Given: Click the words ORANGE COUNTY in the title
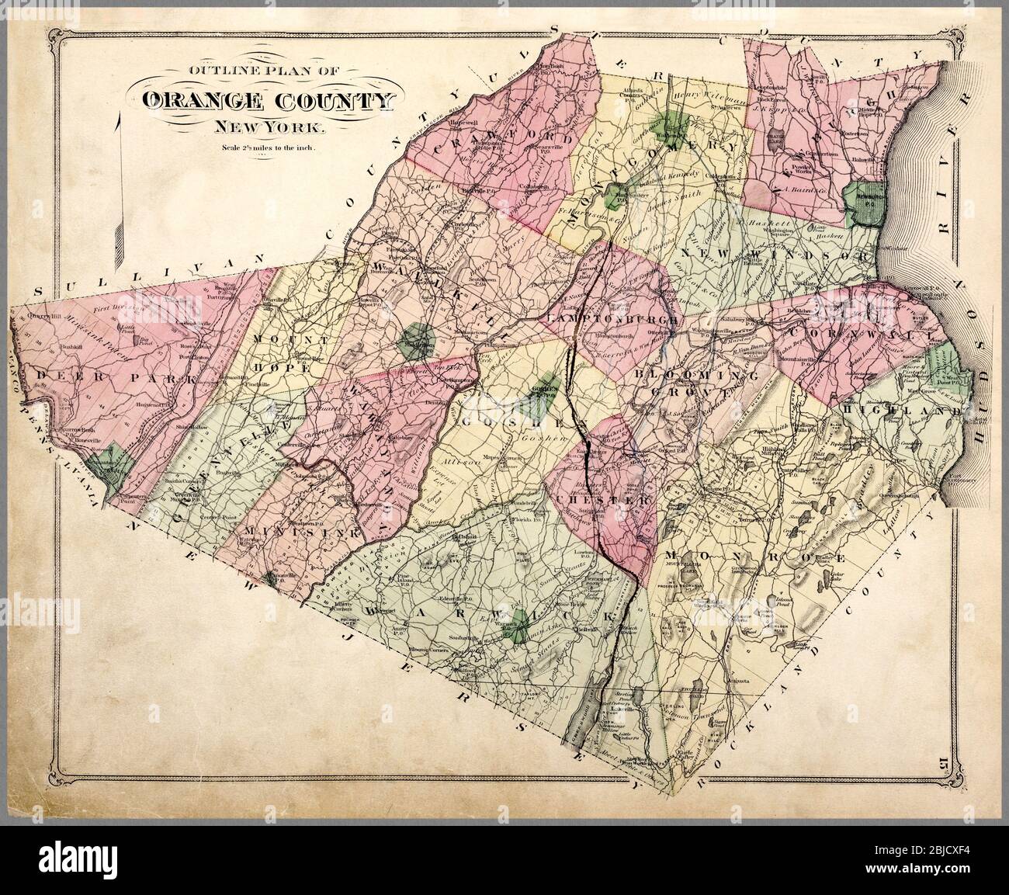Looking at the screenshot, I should click(268, 102).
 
